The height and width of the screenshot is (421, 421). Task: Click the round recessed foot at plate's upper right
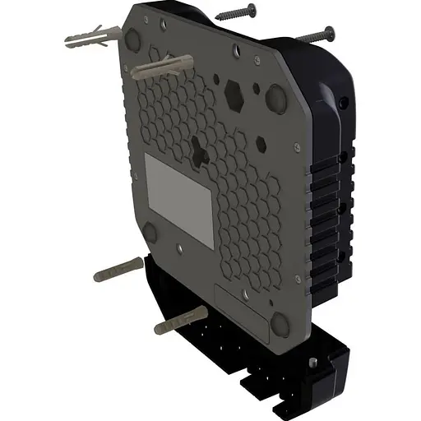click(275, 99)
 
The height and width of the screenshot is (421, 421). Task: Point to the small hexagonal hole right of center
click(261, 144)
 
